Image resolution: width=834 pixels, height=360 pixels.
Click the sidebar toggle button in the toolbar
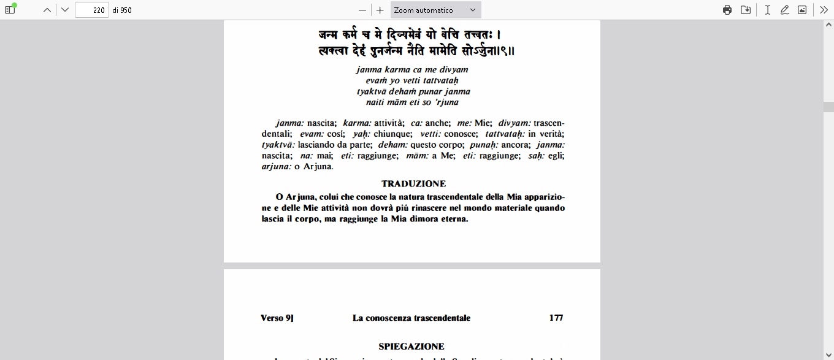[x=10, y=10]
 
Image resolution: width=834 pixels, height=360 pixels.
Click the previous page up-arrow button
[x=47, y=10]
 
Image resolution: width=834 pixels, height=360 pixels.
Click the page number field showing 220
[x=91, y=10]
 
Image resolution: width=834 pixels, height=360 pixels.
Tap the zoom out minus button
[x=362, y=10]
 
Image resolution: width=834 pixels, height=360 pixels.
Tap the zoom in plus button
[x=380, y=10]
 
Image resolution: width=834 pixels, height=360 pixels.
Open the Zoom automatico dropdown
[x=435, y=10]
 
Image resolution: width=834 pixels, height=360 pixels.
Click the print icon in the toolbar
[x=727, y=10]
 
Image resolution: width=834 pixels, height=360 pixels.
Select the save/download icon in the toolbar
[x=746, y=10]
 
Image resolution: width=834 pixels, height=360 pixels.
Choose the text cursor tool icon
[x=767, y=10]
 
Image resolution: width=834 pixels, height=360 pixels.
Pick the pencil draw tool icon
[x=784, y=10]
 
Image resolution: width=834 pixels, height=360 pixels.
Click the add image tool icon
[x=801, y=10]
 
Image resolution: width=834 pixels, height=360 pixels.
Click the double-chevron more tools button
[x=824, y=10]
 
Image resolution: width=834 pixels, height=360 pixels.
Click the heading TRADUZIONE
[x=413, y=184]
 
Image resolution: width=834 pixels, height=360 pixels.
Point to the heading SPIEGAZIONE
[x=411, y=347]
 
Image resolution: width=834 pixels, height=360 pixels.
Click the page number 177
[x=556, y=318]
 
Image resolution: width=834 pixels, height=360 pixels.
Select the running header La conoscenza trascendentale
[x=411, y=318]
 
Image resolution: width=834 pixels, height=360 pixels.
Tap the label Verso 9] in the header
[x=277, y=318]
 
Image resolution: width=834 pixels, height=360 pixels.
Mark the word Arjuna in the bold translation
[x=299, y=197]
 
